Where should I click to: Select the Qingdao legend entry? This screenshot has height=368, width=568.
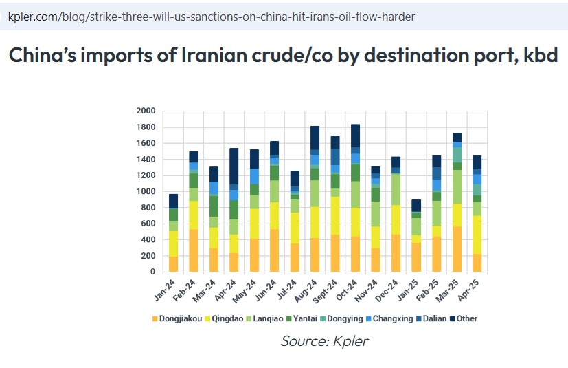point(225,318)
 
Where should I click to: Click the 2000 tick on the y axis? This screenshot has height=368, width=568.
point(146,111)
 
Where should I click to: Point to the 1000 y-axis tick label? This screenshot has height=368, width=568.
point(146,191)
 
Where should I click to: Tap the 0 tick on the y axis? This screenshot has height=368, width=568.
point(152,272)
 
